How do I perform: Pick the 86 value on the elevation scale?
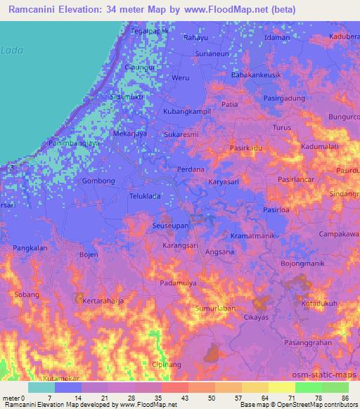[343, 397]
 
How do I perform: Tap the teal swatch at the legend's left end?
[41, 387]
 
